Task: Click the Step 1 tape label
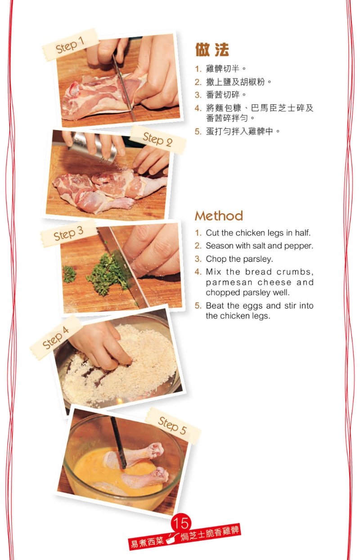coord(70,45)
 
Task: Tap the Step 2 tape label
coord(158,139)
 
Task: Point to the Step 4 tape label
coord(56,337)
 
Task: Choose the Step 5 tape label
coord(173,426)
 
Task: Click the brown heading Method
coord(219,216)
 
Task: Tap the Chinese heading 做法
coord(212,49)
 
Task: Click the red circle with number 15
coord(181,523)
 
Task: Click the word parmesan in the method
coord(229,282)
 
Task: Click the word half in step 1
coord(303,233)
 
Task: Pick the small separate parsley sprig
coord(69,274)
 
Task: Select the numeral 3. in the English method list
coord(198,259)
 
